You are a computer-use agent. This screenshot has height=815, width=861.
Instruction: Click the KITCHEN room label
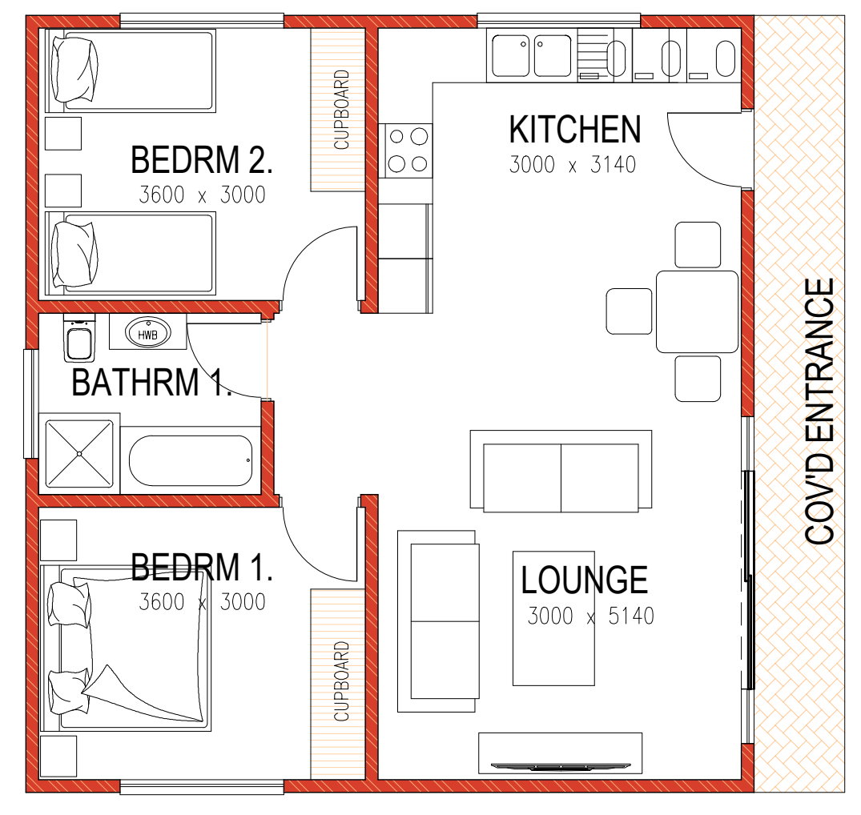[575, 130]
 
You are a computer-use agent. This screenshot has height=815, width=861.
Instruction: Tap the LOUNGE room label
[584, 580]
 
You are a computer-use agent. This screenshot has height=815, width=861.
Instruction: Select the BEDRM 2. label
[202, 159]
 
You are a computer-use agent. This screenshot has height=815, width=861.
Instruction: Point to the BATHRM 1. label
[151, 382]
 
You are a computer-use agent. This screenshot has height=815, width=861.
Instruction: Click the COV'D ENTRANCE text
[819, 411]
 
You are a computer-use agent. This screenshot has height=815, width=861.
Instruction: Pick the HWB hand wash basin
[147, 332]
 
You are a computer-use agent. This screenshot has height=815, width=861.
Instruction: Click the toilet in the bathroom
[79, 338]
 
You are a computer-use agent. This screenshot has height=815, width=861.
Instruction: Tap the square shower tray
[79, 454]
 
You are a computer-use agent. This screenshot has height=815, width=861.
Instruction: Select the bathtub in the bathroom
[191, 460]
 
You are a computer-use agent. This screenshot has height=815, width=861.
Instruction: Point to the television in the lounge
[561, 765]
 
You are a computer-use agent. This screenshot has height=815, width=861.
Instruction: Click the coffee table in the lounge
[553, 619]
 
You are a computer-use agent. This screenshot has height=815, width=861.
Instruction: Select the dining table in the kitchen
[698, 311]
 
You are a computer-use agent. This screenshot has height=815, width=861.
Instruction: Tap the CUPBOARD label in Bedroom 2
[341, 110]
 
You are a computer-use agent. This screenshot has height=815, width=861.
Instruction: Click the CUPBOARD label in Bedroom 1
[341, 681]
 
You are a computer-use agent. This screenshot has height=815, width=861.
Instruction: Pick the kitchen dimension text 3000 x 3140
[573, 165]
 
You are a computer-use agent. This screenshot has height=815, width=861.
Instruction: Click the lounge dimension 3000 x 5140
[591, 616]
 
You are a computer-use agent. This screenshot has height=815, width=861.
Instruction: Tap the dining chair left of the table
[630, 311]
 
